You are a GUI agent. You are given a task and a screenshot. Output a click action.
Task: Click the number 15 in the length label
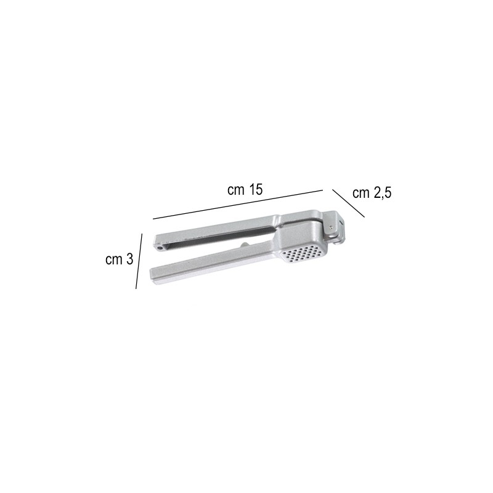tap(255, 190)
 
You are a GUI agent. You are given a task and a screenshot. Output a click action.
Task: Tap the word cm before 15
tap(237, 190)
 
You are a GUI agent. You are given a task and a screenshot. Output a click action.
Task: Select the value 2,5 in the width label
tap(381, 194)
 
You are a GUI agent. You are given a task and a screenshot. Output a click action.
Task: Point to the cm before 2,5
tap(361, 194)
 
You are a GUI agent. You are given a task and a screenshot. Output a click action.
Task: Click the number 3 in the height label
tap(129, 260)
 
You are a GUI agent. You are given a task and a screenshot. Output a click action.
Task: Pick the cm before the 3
tap(114, 260)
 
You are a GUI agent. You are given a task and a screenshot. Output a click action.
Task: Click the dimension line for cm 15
tap(238, 204)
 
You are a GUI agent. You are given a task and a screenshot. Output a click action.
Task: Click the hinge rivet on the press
tap(333, 229)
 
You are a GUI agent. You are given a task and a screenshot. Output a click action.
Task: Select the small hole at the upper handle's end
tap(160, 245)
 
